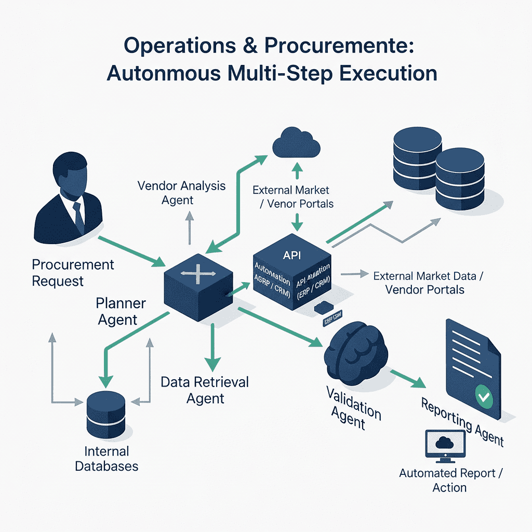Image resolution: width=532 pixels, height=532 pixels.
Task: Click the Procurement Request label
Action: (x=73, y=273)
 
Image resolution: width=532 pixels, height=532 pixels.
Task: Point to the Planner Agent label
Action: (x=121, y=311)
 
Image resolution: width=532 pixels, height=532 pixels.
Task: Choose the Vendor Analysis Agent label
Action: (x=181, y=193)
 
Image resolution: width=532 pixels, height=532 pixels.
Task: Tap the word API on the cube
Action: (x=292, y=255)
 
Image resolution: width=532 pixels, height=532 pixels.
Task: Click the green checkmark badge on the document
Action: (x=484, y=397)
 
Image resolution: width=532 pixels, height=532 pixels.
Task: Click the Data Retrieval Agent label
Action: (x=205, y=390)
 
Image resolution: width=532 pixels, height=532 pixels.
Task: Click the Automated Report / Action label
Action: (x=450, y=480)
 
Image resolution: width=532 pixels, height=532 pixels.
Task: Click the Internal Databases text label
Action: (x=107, y=458)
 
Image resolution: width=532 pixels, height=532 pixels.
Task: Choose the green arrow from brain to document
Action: (x=407, y=378)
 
